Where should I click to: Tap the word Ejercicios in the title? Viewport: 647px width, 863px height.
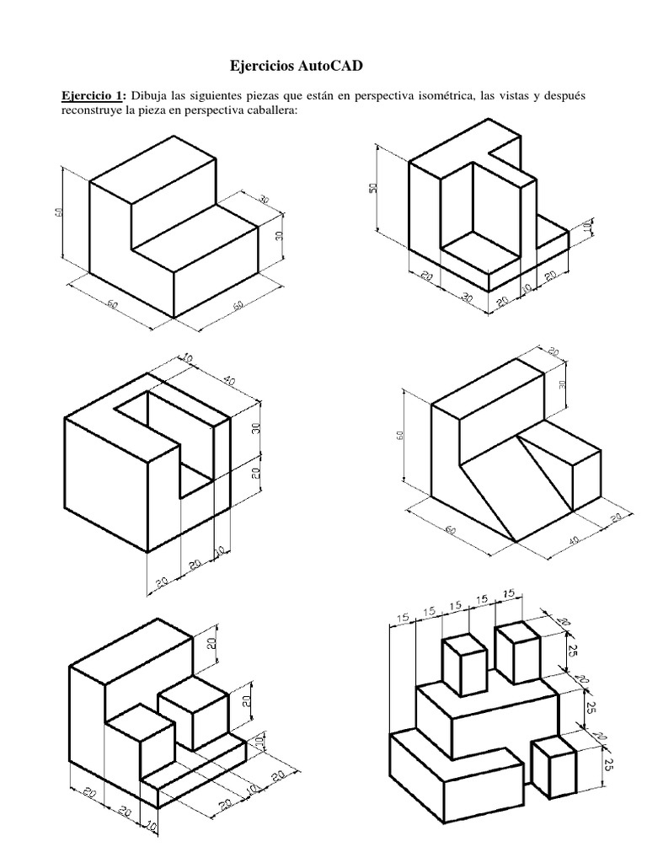[x=266, y=65]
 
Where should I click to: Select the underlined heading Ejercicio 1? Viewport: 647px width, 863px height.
[x=88, y=97]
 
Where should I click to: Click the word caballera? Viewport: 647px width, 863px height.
[x=269, y=112]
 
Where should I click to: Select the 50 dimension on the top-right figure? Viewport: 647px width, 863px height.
[x=373, y=188]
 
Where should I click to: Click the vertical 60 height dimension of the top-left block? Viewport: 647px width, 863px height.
[x=58, y=213]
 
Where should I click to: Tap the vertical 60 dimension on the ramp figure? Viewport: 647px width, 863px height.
[x=400, y=436]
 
